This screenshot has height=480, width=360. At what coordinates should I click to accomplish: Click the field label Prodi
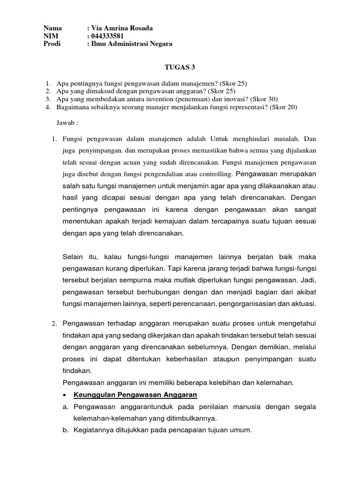[x=52, y=44]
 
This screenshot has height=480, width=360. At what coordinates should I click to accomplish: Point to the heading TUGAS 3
[x=180, y=67]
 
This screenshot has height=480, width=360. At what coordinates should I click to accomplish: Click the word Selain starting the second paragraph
[x=73, y=257]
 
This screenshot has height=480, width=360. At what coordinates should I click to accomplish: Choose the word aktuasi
[x=304, y=304]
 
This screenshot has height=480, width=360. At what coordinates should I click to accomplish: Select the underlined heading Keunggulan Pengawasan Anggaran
[x=135, y=394]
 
